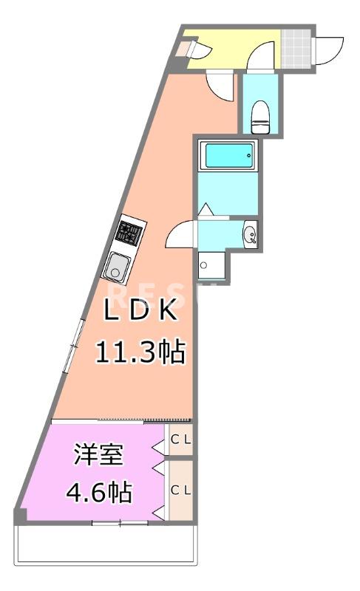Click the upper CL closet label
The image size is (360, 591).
181,440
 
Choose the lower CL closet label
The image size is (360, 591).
181,489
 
